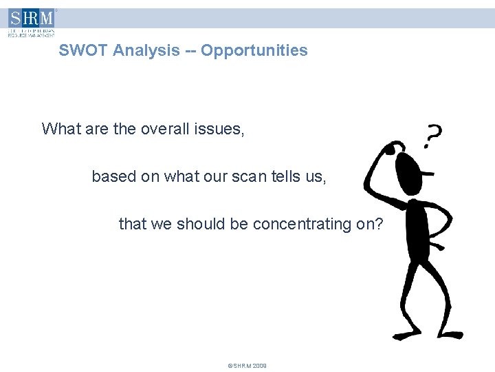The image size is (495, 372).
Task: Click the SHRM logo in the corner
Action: (32, 22)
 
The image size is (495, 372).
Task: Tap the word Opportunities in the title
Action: (254, 50)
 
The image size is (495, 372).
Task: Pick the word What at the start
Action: (60, 129)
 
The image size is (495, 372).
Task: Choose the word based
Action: (114, 176)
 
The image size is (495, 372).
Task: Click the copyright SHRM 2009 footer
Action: (247, 366)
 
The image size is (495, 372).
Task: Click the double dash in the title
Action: (189, 50)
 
